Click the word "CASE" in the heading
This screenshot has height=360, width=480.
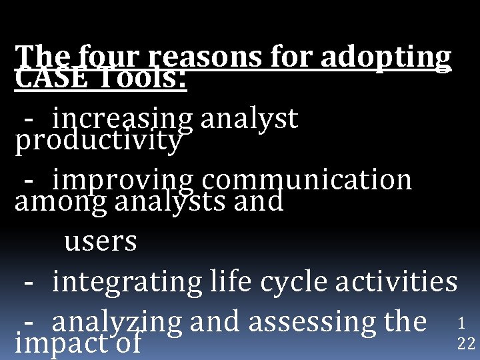pyautogui.click(x=45, y=81)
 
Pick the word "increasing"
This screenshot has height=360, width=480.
pyautogui.click(x=123, y=119)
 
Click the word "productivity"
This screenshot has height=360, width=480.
pyautogui.click(x=98, y=141)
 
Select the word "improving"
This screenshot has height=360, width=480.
pyautogui.click(x=123, y=181)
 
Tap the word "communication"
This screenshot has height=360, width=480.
pyautogui.click(x=307, y=180)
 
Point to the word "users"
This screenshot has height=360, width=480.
pyautogui.click(x=101, y=241)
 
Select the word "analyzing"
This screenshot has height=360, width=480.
pyautogui.click(x=117, y=323)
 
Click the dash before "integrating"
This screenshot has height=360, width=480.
pyautogui.click(x=29, y=282)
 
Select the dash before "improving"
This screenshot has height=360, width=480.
pyautogui.click(x=29, y=181)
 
